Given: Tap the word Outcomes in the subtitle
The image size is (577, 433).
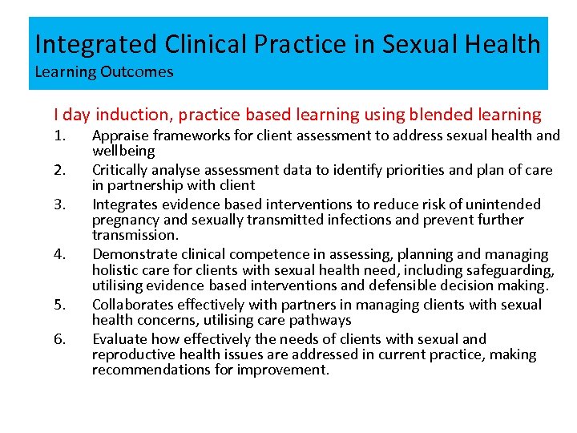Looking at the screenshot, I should click(137, 72).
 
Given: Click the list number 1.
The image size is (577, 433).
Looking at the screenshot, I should click(59, 136).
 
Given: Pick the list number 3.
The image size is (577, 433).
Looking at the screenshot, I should click(59, 204).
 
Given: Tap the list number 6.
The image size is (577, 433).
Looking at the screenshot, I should click(59, 339).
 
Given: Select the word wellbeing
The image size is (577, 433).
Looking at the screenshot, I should click(123, 152).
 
